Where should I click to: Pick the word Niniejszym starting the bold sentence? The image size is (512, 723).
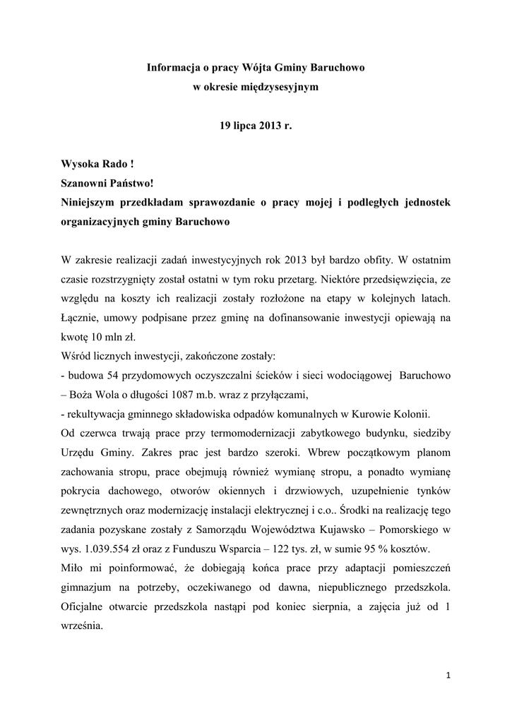click(95, 201)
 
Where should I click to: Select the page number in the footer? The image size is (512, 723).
click(448, 676)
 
